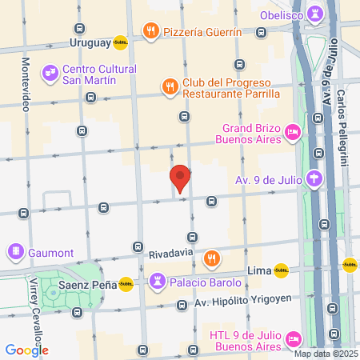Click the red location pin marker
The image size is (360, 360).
coord(180,178)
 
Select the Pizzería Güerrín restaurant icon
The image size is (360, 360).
coord(150,31)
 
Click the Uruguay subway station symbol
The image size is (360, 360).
coord(120,42)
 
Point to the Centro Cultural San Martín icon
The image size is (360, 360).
coord(50,73)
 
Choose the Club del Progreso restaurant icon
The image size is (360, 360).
coord(169,86)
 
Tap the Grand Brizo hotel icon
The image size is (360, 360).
coord(293,132)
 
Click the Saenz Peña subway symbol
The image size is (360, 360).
coord(126,283)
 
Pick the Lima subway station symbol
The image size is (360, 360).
coord(281,270)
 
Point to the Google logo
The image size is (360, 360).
coord(26,350)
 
